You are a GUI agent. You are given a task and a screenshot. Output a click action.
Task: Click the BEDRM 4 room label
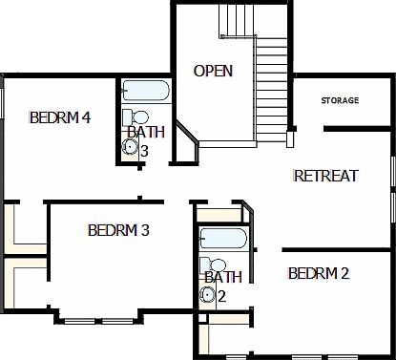tap(60, 118)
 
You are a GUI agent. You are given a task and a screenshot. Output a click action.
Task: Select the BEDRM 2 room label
tap(318, 274)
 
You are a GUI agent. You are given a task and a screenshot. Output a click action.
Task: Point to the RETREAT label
tap(324, 176)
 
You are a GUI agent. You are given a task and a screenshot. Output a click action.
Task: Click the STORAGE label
tap(340, 100)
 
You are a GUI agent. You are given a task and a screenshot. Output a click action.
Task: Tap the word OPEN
tap(213, 72)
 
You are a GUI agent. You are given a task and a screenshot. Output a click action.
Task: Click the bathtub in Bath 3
tap(146, 93)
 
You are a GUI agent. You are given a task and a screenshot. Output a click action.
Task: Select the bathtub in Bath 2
tap(223, 239)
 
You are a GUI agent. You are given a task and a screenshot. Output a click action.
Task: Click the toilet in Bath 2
tap(217, 265)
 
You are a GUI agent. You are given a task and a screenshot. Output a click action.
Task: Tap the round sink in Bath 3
tap(130, 147)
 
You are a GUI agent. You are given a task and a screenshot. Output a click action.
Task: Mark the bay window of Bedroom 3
tap(98, 316)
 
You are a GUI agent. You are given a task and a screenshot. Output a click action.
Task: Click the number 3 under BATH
tap(144, 150)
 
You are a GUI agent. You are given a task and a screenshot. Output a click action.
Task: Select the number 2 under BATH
tap(221, 296)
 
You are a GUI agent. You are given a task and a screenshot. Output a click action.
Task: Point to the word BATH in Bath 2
tap(222, 278)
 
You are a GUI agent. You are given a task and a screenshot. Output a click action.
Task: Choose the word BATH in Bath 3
tap(145, 133)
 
